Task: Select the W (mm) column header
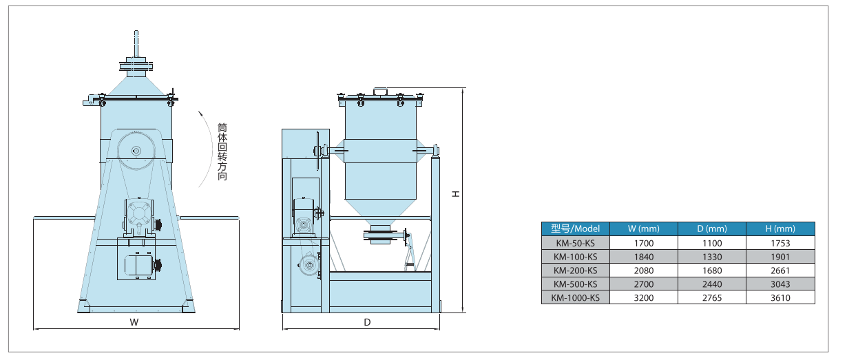[644, 229]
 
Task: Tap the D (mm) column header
[712, 229]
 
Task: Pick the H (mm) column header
[780, 229]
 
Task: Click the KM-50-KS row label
[576, 243]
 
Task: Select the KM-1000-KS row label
[576, 298]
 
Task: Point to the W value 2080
[644, 271]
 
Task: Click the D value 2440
[712, 284]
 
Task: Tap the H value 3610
[780, 298]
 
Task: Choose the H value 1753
[780, 243]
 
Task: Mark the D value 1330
[712, 257]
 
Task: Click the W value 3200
[644, 298]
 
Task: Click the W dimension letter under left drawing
[135, 322]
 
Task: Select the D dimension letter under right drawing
[367, 322]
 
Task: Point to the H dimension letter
[455, 195]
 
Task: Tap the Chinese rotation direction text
[222, 151]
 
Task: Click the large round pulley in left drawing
[136, 151]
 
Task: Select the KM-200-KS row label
[576, 271]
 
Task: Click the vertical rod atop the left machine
[136, 45]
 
